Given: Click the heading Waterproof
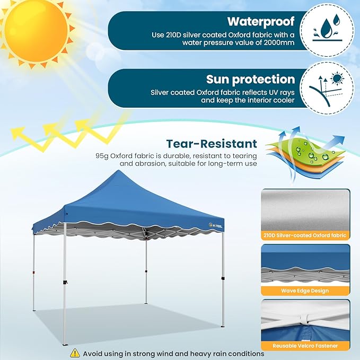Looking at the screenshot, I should [x=261, y=21].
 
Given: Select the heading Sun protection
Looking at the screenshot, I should [x=250, y=80].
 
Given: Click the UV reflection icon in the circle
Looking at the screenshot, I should [x=330, y=87].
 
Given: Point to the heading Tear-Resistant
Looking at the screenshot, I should [x=212, y=144].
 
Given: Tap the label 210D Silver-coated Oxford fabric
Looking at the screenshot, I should [x=305, y=235].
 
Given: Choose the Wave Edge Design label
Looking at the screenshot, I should [x=305, y=291].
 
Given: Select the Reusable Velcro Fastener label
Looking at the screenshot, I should [x=305, y=346].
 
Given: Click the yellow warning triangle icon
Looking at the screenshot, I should [x=75, y=353].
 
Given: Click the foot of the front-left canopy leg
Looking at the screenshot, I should [x=65, y=343].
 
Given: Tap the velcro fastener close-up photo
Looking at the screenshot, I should [x=305, y=320].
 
